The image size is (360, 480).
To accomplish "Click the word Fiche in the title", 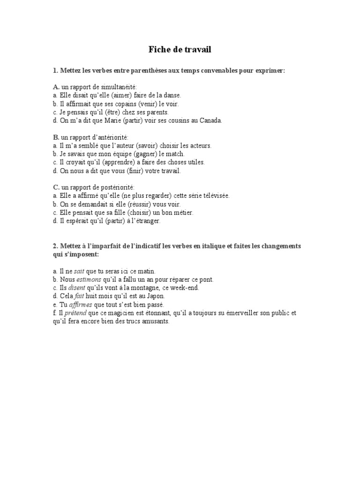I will (x=160, y=50).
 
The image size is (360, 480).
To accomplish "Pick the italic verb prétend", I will (x=75, y=314).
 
